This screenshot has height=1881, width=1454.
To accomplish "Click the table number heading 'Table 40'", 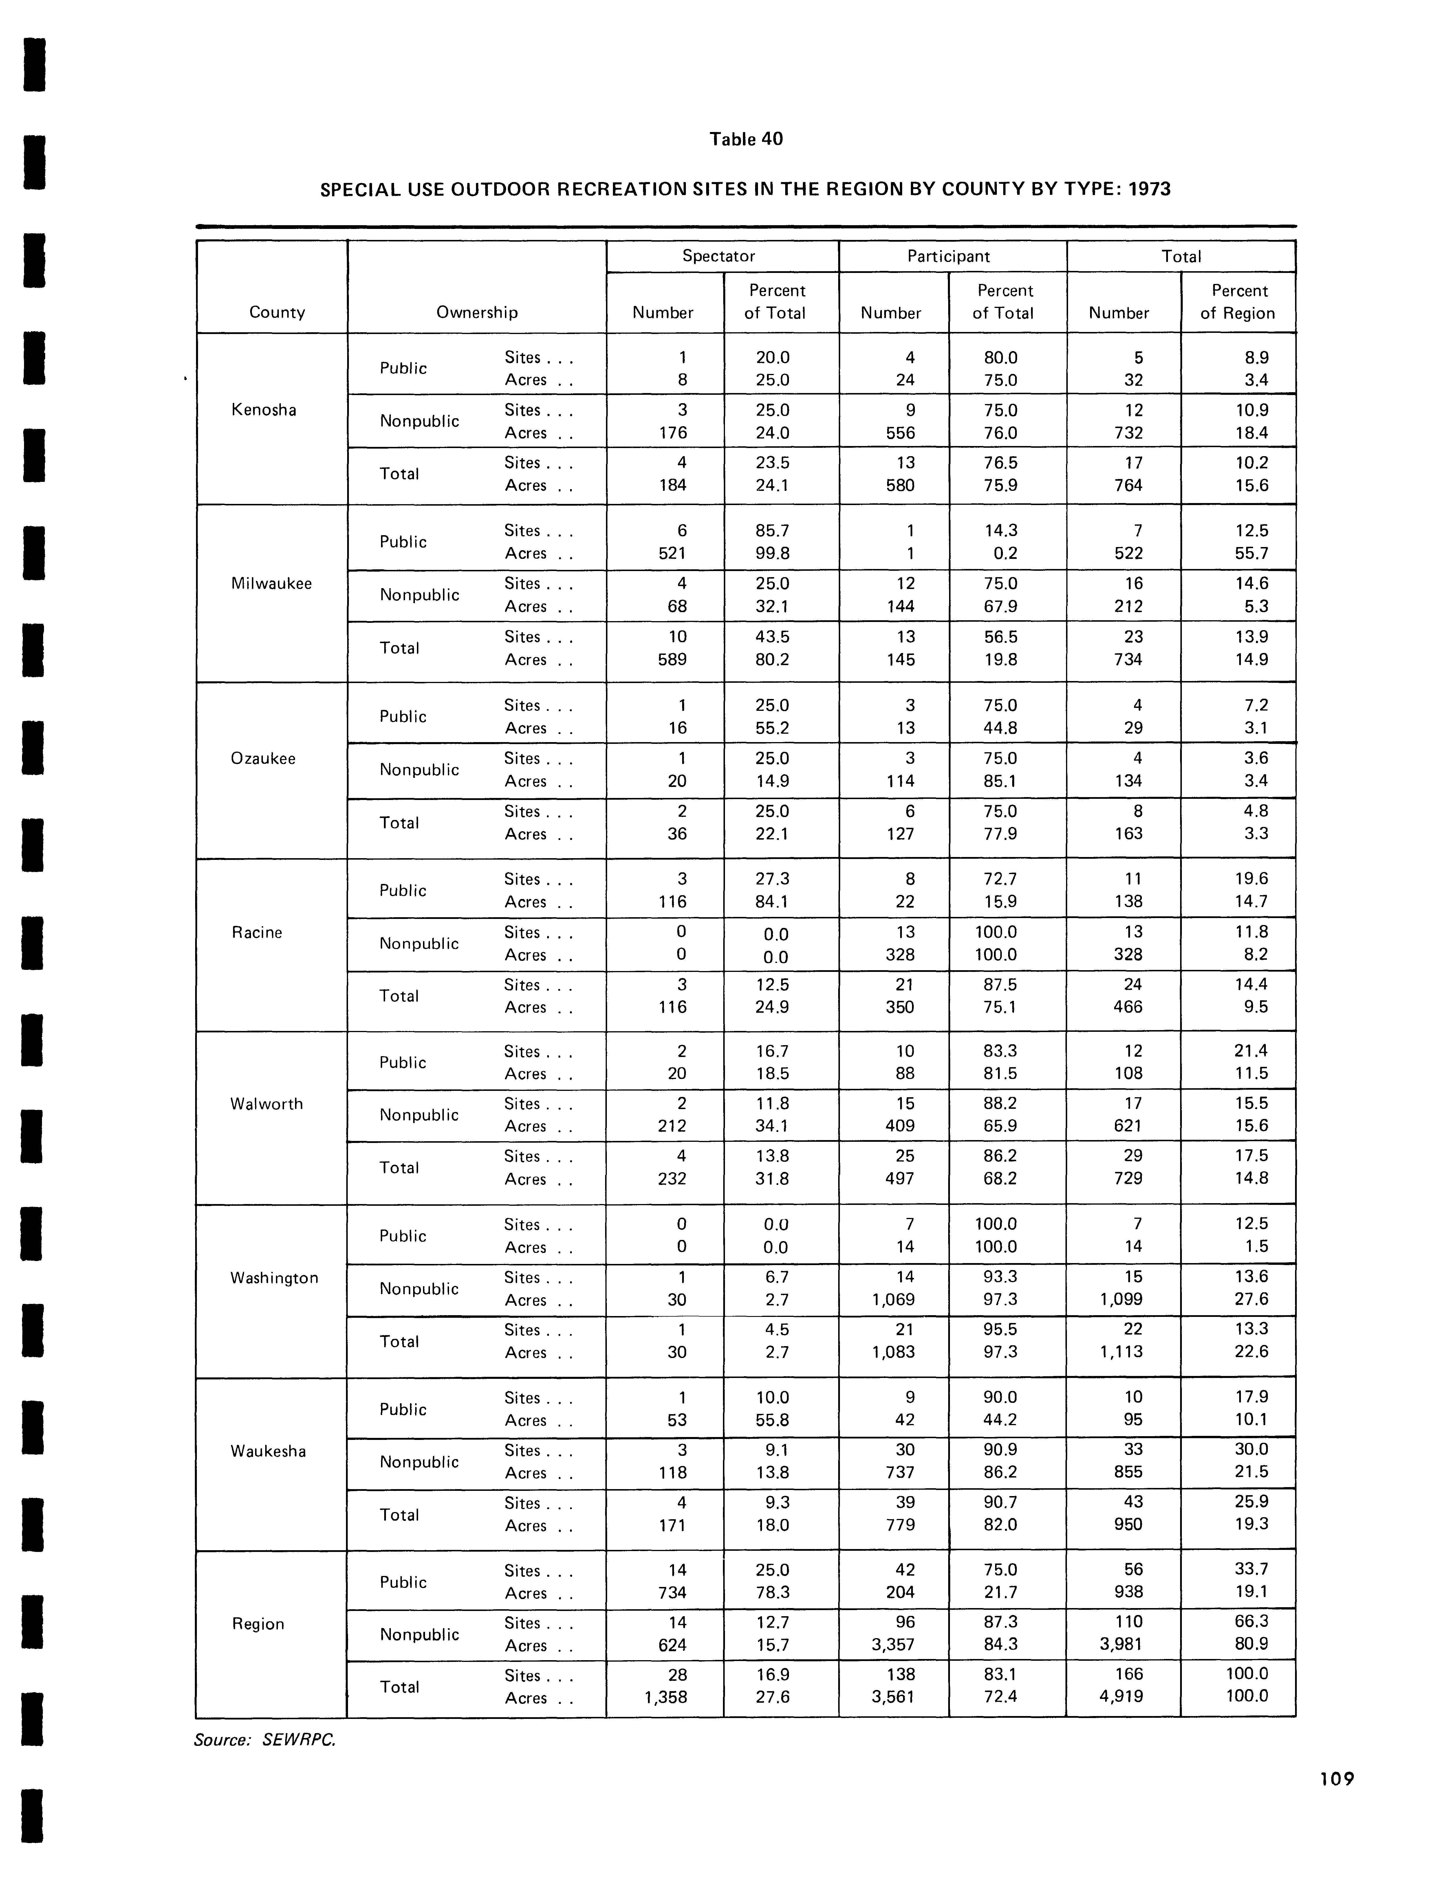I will tap(746, 139).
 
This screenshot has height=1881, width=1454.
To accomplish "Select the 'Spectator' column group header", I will tap(718, 256).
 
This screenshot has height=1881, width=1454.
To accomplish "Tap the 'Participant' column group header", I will tap(948, 256).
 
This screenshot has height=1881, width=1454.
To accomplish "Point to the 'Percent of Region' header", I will tap(1238, 302).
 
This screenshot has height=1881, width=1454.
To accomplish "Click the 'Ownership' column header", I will tap(476, 312).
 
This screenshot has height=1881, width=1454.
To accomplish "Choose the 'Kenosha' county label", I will tap(263, 410).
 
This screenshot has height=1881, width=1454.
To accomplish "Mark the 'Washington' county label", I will tap(274, 1278).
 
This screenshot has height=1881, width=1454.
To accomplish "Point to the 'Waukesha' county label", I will tap(268, 1451).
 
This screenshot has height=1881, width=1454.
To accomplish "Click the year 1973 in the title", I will tap(1149, 189).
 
